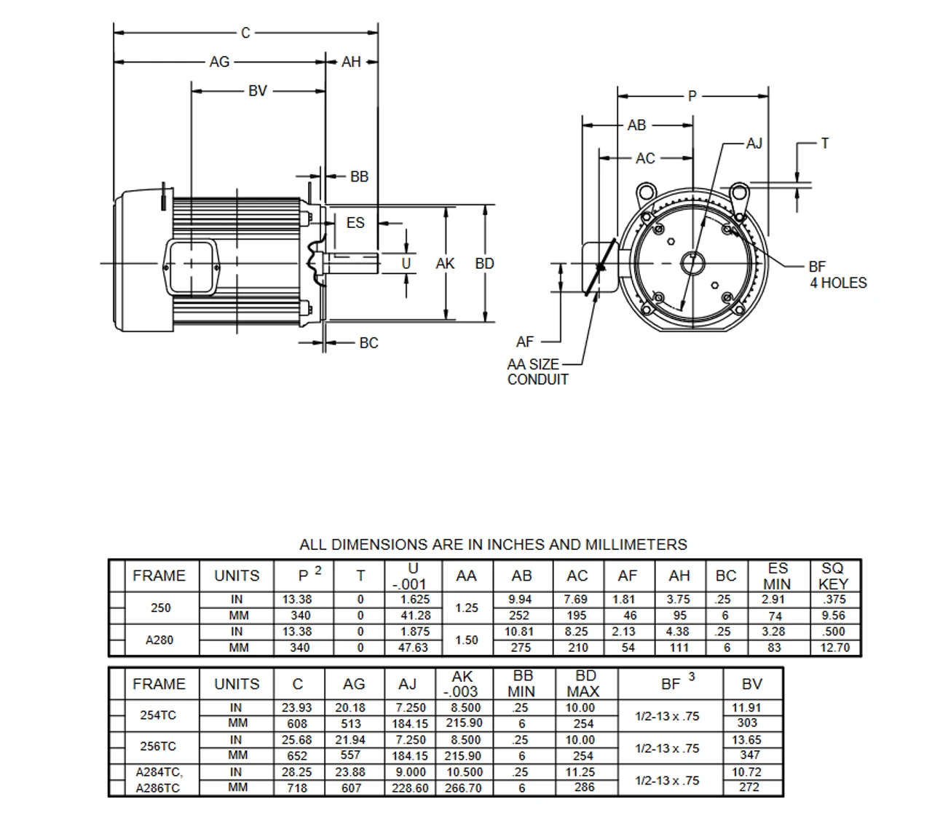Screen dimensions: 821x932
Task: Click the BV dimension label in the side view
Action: coord(258,91)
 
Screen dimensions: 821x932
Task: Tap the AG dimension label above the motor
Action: coord(219,62)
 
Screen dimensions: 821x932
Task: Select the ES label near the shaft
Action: coord(355,222)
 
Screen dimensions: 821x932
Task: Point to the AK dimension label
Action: coord(445,264)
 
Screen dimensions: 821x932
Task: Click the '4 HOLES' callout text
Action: coord(838,283)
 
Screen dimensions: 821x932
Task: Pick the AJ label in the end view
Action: coord(754,143)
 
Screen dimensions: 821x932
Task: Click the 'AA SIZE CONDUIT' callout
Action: coord(537,372)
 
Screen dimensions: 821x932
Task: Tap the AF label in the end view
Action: coord(525,342)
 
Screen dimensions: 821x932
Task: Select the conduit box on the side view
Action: coord(192,267)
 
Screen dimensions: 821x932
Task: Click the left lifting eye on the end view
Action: coord(644,193)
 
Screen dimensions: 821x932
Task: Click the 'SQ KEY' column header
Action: coord(833,576)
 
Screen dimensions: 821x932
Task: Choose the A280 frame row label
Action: coord(159,640)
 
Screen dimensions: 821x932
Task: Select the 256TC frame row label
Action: coord(158,747)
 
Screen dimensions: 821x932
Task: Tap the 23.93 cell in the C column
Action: coord(297,707)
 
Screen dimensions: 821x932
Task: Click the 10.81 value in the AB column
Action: coord(519,632)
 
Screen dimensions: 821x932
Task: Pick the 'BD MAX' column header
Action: coord(585,683)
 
